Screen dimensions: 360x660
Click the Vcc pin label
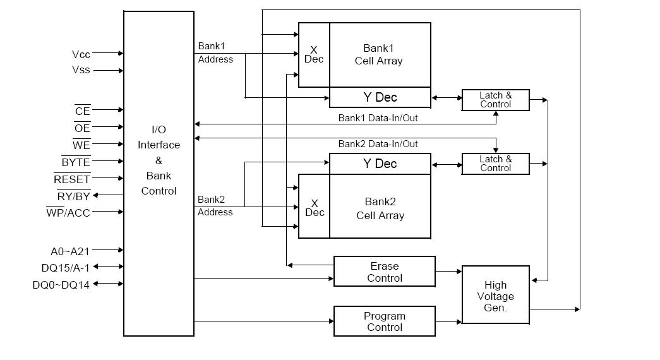pyautogui.click(x=81, y=54)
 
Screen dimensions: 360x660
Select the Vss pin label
pyautogui.click(x=81, y=70)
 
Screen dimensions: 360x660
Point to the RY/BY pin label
pyautogui.click(x=74, y=196)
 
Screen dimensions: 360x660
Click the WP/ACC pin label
pyautogui.click(x=68, y=213)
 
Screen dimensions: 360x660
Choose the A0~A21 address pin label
pyautogui.click(x=69, y=251)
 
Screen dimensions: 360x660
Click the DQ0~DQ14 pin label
pyautogui.click(x=61, y=284)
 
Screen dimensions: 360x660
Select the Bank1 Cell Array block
pyautogui.click(x=380, y=55)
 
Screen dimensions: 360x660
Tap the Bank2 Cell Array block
pyautogui.click(x=380, y=208)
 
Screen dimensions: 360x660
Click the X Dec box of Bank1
pyautogui.click(x=314, y=55)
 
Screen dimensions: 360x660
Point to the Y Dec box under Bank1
pyautogui.click(x=380, y=97)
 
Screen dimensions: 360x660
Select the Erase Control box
pyautogui.click(x=384, y=272)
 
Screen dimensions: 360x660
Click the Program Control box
pyautogui.click(x=384, y=321)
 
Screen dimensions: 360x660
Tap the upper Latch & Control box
pyautogui.click(x=496, y=100)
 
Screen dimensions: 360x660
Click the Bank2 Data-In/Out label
pyautogui.click(x=378, y=144)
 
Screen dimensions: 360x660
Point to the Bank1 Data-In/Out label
pyautogui.click(x=378, y=117)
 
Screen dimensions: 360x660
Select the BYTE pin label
pyautogui.click(x=76, y=163)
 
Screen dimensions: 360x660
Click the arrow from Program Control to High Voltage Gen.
pyautogui.click(x=449, y=322)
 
